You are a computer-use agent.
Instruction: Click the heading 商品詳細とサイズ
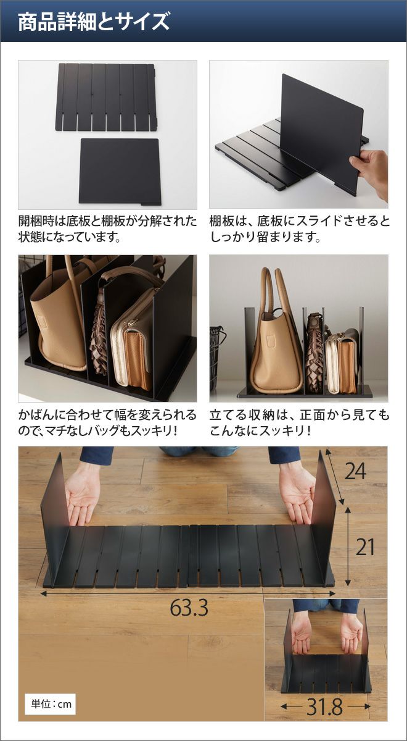pyautogui.click(x=94, y=22)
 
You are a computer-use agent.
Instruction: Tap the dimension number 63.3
pyautogui.click(x=189, y=608)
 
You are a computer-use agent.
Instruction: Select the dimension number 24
pyautogui.click(x=355, y=471)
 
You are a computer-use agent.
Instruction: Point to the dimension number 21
pyautogui.click(x=365, y=547)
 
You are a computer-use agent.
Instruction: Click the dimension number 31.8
pyautogui.click(x=325, y=706)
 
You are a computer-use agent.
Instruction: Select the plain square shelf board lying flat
pyautogui.click(x=120, y=171)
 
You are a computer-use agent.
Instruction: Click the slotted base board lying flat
pyautogui.click(x=105, y=96)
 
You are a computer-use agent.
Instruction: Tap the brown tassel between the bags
pyautogui.click(x=99, y=337)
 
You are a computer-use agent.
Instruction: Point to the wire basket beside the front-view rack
pyautogui.click(x=216, y=357)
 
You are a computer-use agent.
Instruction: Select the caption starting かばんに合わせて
pyautogui.click(x=107, y=423)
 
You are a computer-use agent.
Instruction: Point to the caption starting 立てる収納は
pyautogui.click(x=299, y=423)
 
